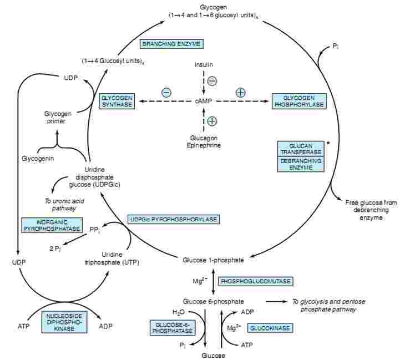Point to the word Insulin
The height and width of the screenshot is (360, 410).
pyautogui.click(x=204, y=65)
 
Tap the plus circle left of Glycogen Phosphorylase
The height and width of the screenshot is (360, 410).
pyautogui.click(x=240, y=92)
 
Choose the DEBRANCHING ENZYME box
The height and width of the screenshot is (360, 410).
pyautogui.click(x=301, y=164)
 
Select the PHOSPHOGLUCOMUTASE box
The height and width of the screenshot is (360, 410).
pyautogui.click(x=256, y=282)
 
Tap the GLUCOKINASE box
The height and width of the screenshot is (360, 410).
pyautogui.click(x=270, y=328)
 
